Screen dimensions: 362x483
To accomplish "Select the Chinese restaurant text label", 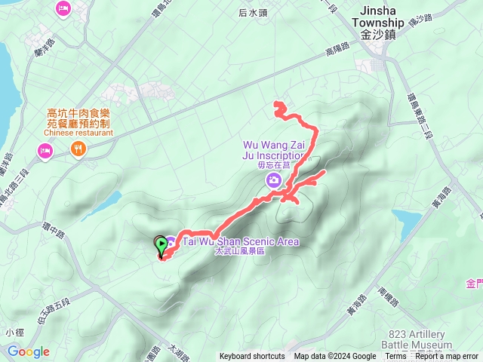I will (x=78, y=133).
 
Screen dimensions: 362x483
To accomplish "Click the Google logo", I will (x=29, y=351).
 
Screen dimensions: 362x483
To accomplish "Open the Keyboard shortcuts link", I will (x=252, y=357).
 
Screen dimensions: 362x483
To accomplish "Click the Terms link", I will (x=395, y=357).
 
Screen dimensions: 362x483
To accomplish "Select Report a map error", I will (x=447, y=357).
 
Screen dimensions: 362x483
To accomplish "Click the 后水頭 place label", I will (x=253, y=13).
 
